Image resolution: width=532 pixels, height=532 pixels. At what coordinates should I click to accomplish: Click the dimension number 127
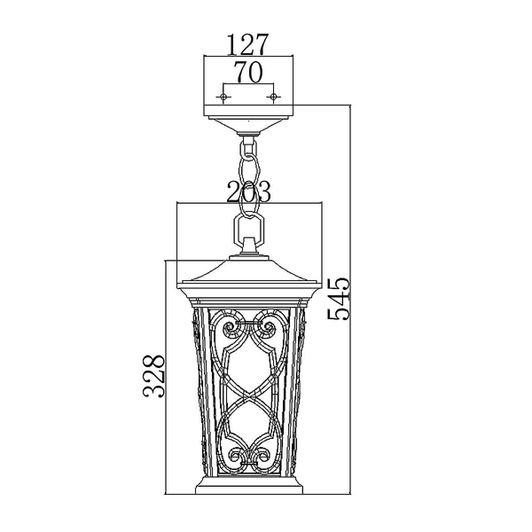coord(248,43)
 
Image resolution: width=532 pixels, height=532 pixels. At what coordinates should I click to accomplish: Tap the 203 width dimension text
coord(248,191)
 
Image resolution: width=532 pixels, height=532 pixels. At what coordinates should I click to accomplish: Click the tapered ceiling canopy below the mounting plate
coord(249,119)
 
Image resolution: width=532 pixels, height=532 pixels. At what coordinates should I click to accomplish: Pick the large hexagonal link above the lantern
coord(249,209)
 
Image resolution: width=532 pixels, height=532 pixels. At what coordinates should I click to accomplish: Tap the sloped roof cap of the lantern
coord(249,270)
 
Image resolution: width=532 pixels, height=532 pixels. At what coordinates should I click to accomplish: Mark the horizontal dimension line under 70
coord(249,86)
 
